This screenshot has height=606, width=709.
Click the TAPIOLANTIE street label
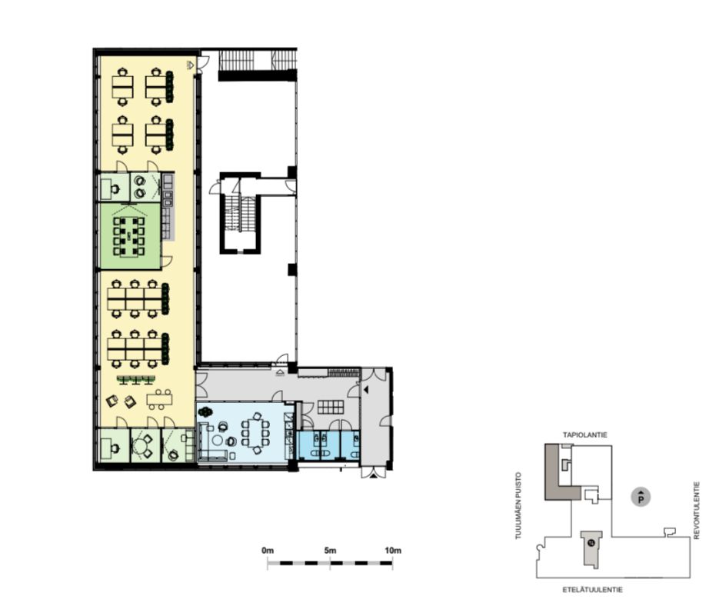pos(584,435)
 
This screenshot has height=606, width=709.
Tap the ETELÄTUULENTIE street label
pos(592,590)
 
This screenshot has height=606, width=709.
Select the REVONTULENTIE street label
pos(697,510)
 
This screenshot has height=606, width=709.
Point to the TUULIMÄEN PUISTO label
pos(518,505)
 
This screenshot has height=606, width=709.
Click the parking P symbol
pos(641,498)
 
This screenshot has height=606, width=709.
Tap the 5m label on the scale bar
pos(330,551)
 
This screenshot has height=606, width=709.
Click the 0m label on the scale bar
pos(268,551)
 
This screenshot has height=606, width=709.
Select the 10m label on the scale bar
pos(392,551)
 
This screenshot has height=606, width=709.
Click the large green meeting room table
pos(129,236)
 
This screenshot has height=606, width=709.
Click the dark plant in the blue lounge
pos(207,412)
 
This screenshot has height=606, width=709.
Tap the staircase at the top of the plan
pos(258,60)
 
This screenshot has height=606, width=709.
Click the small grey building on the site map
pos(591,548)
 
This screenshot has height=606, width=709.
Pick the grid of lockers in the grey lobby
pos(331,407)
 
